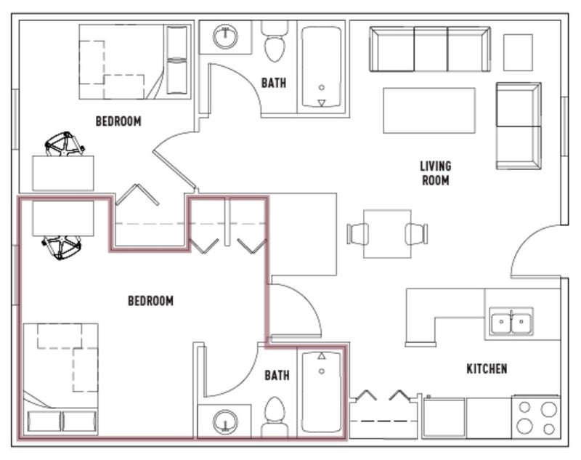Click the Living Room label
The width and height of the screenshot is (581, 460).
(435, 173)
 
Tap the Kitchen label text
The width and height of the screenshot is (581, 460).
(487, 369)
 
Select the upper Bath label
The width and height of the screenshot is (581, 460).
(274, 83)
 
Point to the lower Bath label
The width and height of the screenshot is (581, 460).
(277, 376)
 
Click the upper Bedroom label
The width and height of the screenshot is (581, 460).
(118, 121)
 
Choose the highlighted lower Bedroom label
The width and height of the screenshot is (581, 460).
(150, 301)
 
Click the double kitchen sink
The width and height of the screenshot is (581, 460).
(511, 321)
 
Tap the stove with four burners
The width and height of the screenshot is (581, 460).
(536, 417)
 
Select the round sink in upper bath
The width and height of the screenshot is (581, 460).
(225, 36)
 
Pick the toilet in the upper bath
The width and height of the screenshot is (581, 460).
(275, 41)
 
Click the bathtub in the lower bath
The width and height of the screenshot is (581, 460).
(322, 392)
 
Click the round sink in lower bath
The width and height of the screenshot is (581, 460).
(225, 421)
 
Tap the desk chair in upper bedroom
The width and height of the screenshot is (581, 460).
(65, 144)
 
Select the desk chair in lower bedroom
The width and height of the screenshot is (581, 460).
(62, 247)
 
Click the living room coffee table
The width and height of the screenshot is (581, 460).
(429, 110)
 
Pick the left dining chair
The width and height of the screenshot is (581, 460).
(357, 234)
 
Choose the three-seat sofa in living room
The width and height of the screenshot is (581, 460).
(430, 49)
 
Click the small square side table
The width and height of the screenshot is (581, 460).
(518, 52)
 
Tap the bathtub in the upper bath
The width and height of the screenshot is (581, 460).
(322, 67)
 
